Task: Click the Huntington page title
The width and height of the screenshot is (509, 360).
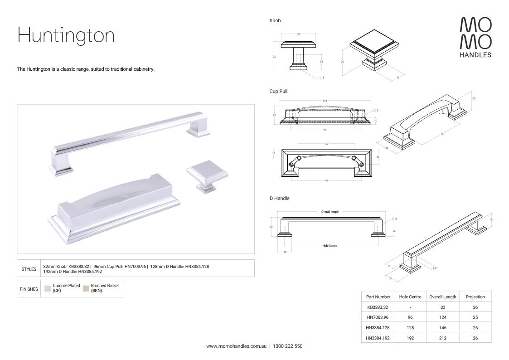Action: coord(66,35)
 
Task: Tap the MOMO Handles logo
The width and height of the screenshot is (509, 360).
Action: coord(475,37)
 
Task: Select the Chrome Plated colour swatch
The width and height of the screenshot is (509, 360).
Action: coord(48,288)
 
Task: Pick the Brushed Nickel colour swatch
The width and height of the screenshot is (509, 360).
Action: coord(86,288)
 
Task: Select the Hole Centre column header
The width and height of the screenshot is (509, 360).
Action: coord(410,297)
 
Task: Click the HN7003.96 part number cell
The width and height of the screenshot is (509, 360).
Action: coord(378,317)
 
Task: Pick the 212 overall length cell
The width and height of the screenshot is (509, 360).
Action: coord(442,338)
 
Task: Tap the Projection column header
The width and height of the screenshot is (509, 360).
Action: coord(475,297)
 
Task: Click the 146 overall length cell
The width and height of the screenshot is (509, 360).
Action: coord(442,327)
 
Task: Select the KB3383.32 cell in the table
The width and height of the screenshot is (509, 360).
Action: coord(378,307)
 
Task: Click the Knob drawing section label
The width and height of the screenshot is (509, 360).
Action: coord(275,21)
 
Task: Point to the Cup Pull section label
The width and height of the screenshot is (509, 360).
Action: coord(278,92)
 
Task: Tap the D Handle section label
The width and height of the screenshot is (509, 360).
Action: coord(279,199)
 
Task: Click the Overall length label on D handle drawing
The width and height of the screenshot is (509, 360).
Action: coord(330,212)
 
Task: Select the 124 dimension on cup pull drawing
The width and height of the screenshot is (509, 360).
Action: coord(325,100)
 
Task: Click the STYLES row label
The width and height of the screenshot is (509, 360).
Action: coord(29,269)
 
